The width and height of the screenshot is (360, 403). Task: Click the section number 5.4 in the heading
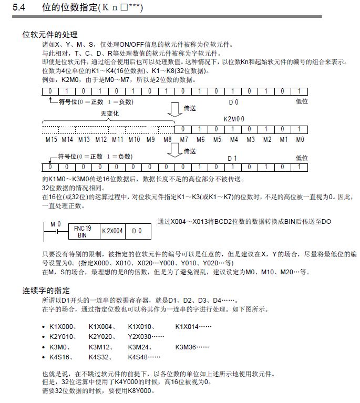(x=20, y=8)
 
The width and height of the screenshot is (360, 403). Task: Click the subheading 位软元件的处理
(x=46, y=35)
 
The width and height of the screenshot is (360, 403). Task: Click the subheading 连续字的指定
(x=46, y=291)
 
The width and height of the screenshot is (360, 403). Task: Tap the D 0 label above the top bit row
(x=233, y=101)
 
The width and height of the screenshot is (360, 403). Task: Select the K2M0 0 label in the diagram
(x=234, y=119)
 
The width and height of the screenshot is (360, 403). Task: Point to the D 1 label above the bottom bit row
(x=232, y=158)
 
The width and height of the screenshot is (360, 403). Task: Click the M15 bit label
(x=51, y=140)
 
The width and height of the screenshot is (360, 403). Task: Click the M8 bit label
(x=167, y=140)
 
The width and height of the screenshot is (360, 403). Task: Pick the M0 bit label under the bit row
(x=300, y=140)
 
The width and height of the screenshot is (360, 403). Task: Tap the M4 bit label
(x=233, y=140)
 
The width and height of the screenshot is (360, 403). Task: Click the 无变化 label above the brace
(x=109, y=113)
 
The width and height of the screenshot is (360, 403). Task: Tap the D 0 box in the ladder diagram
(x=137, y=231)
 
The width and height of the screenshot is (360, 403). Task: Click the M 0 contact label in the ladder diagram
(x=55, y=224)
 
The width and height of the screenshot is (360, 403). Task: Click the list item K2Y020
(x=101, y=337)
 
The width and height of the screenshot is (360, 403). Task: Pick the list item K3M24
(x=140, y=347)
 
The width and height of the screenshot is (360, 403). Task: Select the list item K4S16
(x=61, y=357)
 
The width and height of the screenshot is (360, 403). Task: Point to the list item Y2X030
(x=140, y=337)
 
